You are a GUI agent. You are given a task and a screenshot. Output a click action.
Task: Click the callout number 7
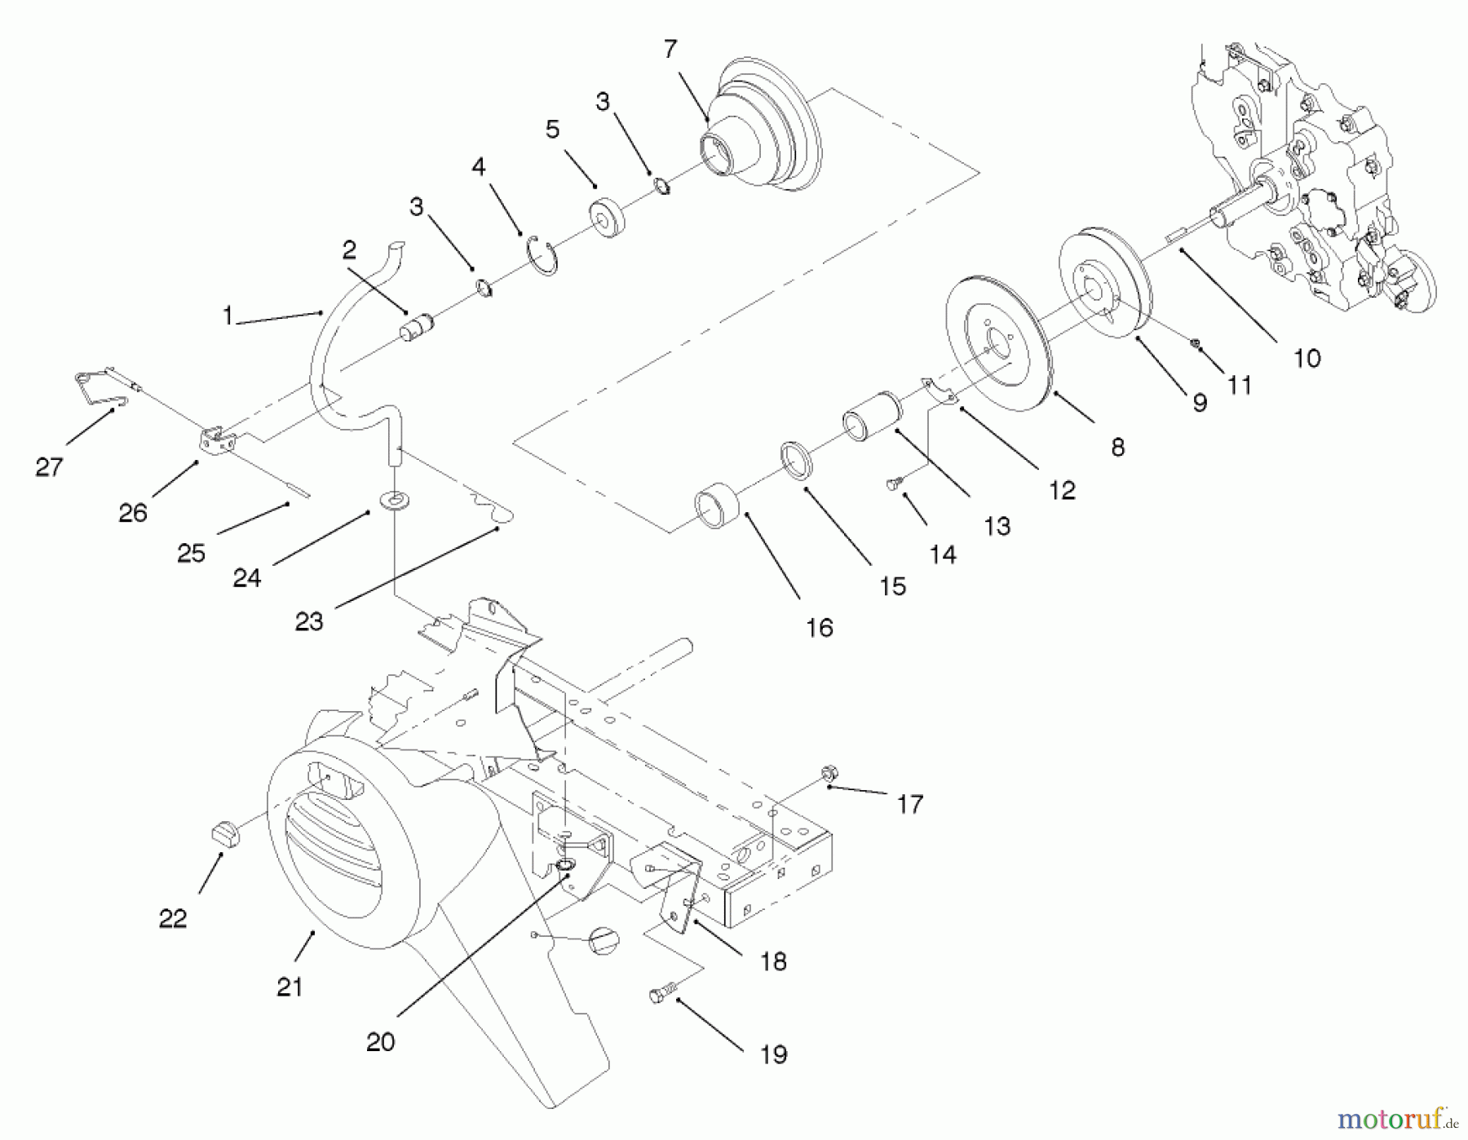coord(670,51)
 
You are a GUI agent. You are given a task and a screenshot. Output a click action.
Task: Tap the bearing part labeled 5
coord(607,218)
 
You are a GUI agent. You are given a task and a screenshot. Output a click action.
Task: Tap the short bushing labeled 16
coord(717,508)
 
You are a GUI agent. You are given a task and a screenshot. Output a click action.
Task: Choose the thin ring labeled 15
coord(797,461)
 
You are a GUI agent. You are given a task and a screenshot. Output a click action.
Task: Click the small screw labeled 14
coord(892,484)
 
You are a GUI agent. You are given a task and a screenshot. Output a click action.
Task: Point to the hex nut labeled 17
coord(829,771)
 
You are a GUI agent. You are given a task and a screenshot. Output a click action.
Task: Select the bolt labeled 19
coord(661,995)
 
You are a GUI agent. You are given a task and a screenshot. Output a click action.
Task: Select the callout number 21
coord(290,988)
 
